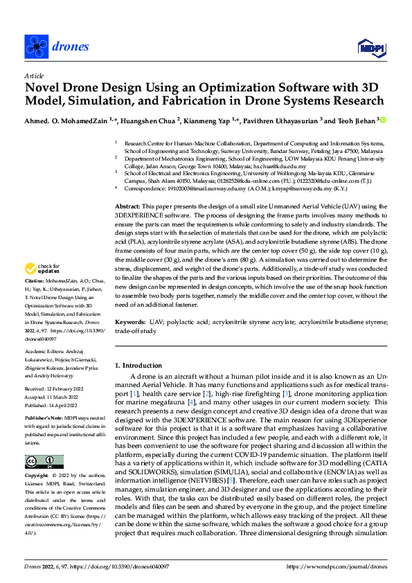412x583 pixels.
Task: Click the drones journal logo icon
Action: [36, 46]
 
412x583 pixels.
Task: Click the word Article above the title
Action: [33, 75]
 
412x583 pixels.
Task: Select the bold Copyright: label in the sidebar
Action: [38, 476]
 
